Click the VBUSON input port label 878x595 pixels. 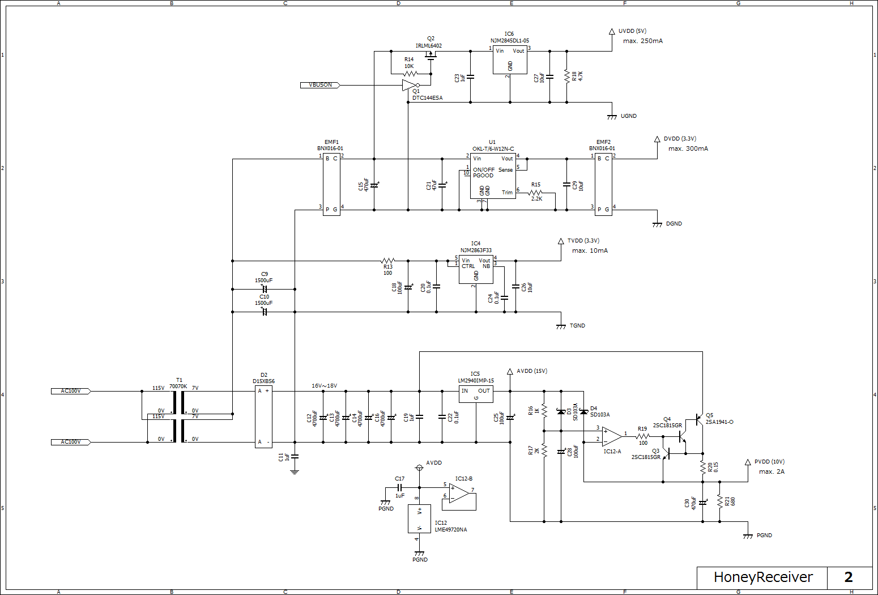pos(320,85)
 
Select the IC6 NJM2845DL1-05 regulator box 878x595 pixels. pos(510,60)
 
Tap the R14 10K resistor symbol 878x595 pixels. pos(411,74)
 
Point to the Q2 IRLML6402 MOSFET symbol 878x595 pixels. pos(432,54)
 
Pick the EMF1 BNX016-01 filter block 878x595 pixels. pos(331,184)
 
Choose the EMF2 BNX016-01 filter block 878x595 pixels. pos(603,184)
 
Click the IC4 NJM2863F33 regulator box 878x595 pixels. pos(476,270)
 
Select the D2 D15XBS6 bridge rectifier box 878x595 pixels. pos(263,416)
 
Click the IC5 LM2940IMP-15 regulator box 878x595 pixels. pos(476,394)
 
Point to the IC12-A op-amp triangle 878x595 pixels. pos(611,436)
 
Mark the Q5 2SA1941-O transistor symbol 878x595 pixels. pos(698,420)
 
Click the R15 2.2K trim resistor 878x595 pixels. pos(536,193)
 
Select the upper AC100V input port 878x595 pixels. pos(71,391)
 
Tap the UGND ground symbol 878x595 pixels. pos(612,117)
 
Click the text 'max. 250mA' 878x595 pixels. pos(642,41)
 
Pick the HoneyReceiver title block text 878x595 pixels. pos(762,577)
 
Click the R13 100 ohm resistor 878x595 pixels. pos(388,261)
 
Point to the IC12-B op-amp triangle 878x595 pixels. pos(459,493)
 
